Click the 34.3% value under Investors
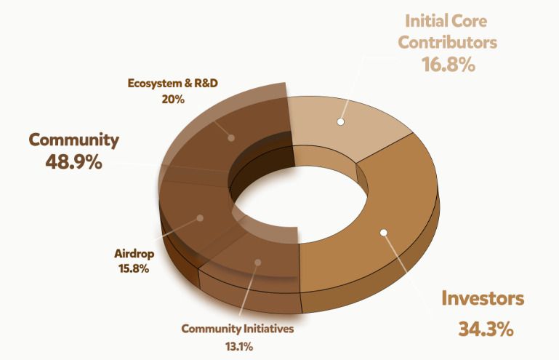(x=486, y=329)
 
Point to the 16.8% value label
(x=448, y=65)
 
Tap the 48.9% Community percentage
(x=73, y=161)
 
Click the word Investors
(x=483, y=298)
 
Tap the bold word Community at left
(x=73, y=139)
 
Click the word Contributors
(x=448, y=41)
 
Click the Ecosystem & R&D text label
(x=173, y=83)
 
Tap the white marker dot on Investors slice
(x=384, y=233)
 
